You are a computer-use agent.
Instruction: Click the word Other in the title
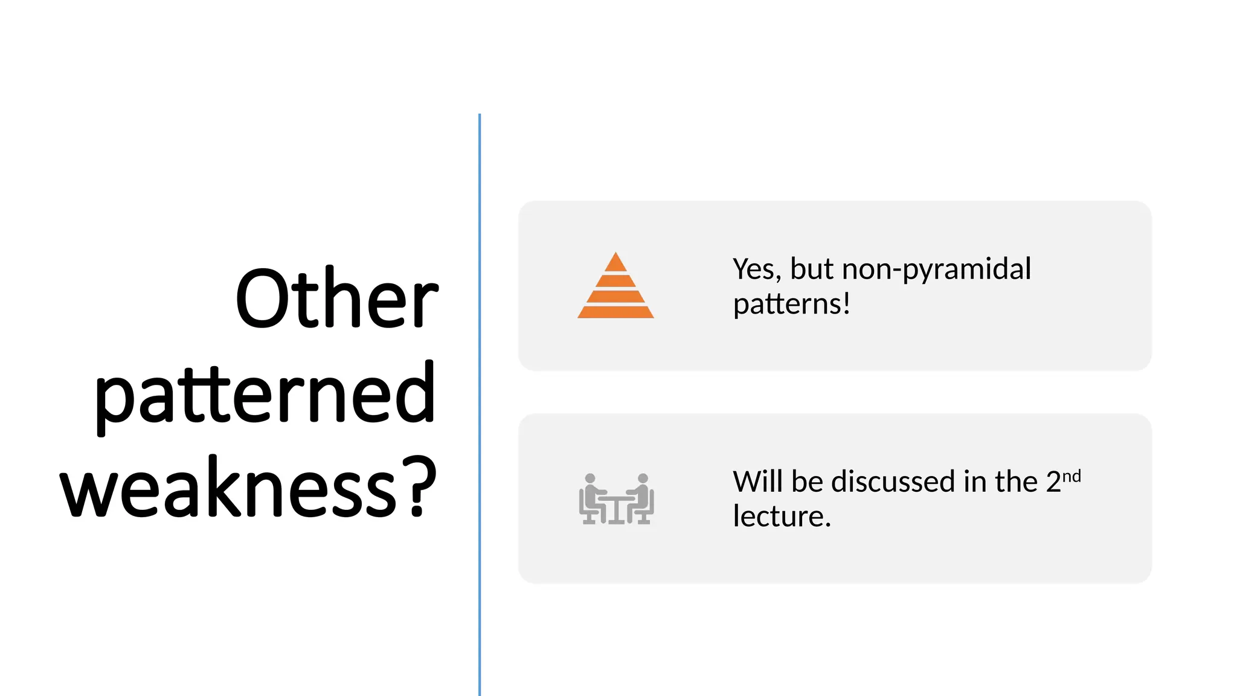(x=336, y=299)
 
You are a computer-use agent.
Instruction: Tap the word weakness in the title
(x=228, y=488)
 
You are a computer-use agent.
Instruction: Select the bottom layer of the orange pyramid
(x=615, y=312)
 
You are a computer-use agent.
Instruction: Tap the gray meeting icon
(x=616, y=498)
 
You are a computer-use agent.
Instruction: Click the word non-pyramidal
(x=936, y=269)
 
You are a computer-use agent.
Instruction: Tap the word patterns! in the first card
(x=791, y=304)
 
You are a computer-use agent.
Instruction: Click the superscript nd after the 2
(x=1072, y=476)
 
